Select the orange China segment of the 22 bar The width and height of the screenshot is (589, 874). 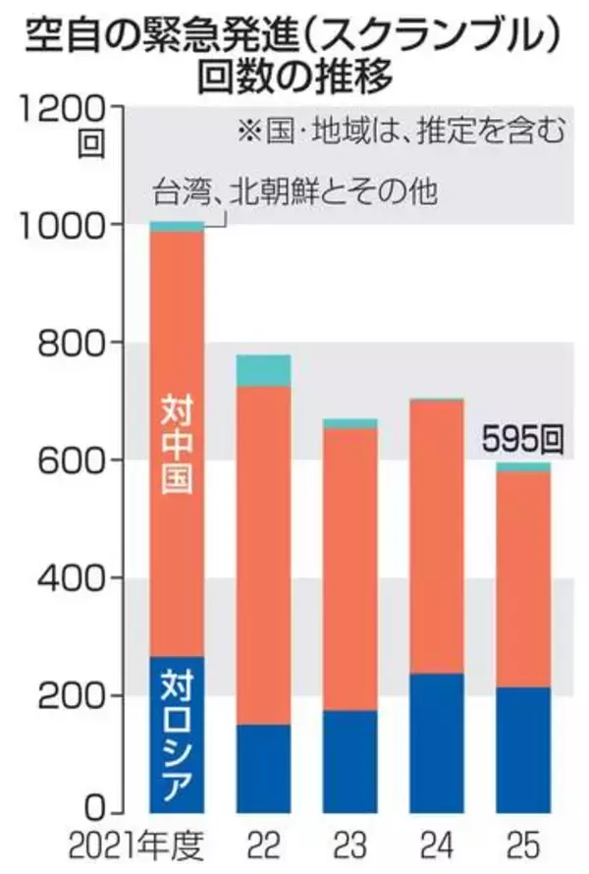(x=262, y=555)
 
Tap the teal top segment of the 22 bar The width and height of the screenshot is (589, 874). (x=262, y=370)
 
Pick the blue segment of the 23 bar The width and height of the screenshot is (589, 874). (x=349, y=761)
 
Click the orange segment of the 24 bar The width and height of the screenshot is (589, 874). (x=436, y=535)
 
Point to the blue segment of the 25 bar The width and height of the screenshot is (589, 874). (x=522, y=748)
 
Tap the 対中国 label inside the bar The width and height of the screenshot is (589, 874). (x=177, y=457)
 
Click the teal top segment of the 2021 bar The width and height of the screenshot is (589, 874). (x=176, y=227)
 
